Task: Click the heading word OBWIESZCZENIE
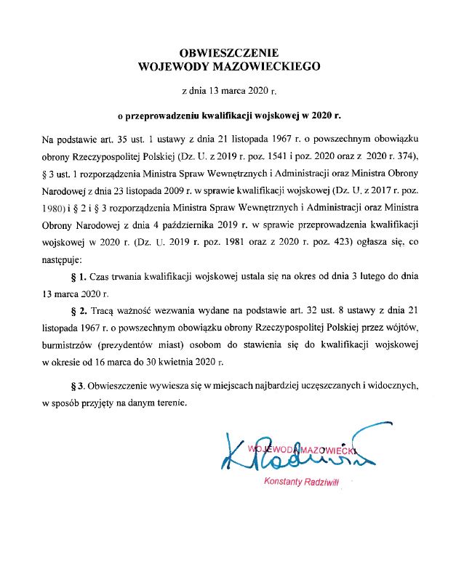pos(228,53)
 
